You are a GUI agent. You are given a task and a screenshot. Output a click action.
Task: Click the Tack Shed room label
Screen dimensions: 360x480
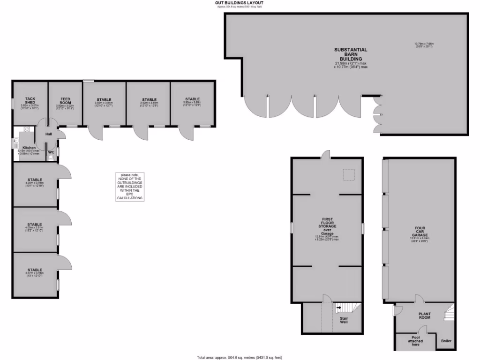coord(30,99)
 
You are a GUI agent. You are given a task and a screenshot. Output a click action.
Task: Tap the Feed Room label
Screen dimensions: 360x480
coord(65,100)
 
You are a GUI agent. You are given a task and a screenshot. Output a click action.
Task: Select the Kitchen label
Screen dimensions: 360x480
coord(29,148)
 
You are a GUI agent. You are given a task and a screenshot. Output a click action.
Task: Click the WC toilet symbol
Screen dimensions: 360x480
coord(51,158)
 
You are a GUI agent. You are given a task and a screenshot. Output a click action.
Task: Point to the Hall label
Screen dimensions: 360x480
coord(48,134)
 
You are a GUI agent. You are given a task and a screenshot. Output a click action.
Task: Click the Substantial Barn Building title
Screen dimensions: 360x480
coord(351,54)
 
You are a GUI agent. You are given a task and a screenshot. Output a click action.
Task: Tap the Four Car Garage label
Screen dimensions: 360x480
coord(420,232)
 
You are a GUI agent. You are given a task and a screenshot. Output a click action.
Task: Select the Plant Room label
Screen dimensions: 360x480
coord(424,315)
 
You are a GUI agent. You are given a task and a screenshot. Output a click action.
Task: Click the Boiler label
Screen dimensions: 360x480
coord(446,341)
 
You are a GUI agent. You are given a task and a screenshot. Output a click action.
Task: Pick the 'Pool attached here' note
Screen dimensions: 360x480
coord(415,341)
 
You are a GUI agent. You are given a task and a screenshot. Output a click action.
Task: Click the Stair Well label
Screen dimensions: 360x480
coord(344,321)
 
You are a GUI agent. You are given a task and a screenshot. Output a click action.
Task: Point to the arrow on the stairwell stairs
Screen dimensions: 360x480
coord(338,308)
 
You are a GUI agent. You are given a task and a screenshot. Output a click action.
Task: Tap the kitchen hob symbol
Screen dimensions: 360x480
coord(16,141)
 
